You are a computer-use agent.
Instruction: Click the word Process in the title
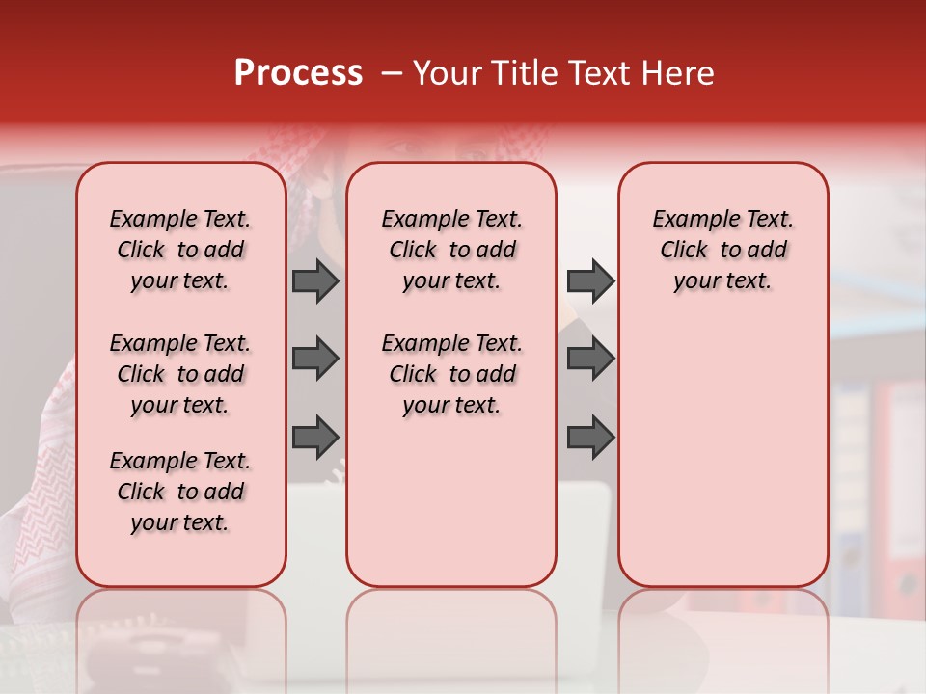(x=298, y=73)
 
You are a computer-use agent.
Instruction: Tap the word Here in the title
(x=679, y=73)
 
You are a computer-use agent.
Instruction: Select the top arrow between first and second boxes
(x=315, y=280)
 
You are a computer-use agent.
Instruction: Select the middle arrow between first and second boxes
(x=315, y=359)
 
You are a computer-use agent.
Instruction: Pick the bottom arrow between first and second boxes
(x=315, y=437)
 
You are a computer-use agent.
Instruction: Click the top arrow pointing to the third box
(x=590, y=280)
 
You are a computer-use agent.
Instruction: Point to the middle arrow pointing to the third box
(x=590, y=359)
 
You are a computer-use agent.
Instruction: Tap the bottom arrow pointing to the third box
(x=590, y=437)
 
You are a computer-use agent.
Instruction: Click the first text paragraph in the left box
(x=180, y=250)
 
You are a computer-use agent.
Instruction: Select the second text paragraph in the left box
(x=180, y=374)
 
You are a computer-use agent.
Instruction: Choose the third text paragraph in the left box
(x=180, y=492)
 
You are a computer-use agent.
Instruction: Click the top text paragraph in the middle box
(x=451, y=250)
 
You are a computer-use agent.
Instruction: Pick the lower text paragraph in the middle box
(x=451, y=374)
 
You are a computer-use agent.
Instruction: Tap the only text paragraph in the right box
(x=722, y=250)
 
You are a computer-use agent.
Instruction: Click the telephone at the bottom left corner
(x=145, y=655)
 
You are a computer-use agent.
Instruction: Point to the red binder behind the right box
(x=892, y=482)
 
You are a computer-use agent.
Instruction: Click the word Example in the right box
(x=689, y=220)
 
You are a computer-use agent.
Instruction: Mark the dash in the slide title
(x=392, y=73)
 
